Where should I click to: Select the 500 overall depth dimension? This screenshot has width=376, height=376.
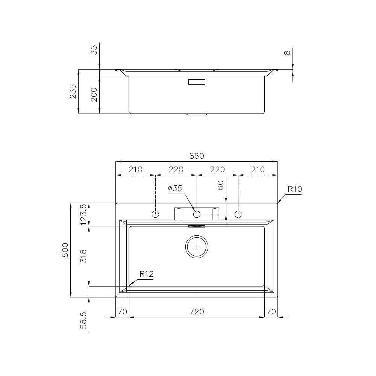(65, 250)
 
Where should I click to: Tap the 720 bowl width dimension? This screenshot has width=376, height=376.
(197, 311)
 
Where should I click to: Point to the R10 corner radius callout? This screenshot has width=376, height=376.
(295, 189)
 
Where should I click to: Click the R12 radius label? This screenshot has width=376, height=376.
(147, 274)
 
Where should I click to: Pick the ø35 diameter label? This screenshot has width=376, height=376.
(175, 188)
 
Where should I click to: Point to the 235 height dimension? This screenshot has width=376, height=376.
(73, 91)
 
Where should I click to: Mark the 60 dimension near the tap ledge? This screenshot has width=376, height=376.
(221, 185)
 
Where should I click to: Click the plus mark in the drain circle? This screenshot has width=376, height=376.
(197, 247)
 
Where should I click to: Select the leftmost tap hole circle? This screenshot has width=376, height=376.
(155, 214)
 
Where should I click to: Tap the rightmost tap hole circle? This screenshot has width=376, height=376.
(238, 214)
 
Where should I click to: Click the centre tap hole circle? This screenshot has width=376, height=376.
(197, 214)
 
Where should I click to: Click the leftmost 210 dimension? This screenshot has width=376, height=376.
(135, 170)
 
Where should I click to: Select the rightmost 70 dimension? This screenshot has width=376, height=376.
(271, 311)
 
